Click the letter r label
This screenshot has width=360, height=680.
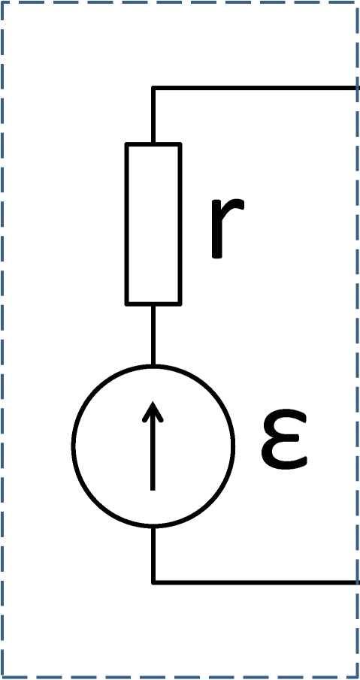[x=226, y=228]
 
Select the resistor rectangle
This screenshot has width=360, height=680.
[x=153, y=224]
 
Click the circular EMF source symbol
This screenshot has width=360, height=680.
[x=72, y=446]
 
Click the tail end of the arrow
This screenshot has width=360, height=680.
[x=153, y=490]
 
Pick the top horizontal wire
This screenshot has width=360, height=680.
[x=255, y=89]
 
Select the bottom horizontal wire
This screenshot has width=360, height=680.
[x=255, y=582]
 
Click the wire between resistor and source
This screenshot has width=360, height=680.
[x=153, y=335]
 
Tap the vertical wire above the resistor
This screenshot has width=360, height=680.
[x=153, y=116]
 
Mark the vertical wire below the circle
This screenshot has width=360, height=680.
[x=153, y=555]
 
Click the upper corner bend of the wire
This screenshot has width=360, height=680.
[x=153, y=89]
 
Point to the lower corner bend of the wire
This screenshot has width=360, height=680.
[x=153, y=582]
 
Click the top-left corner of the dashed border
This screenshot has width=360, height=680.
[x=2, y=2]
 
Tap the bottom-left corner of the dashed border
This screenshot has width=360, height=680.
[x=2, y=677]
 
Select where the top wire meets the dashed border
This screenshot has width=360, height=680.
[x=358, y=89]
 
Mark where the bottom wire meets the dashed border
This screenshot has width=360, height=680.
[x=358, y=582]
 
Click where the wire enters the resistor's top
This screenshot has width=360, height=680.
[x=153, y=143]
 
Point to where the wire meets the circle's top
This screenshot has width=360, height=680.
[x=153, y=366]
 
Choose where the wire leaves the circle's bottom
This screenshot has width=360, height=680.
[x=153, y=527]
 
